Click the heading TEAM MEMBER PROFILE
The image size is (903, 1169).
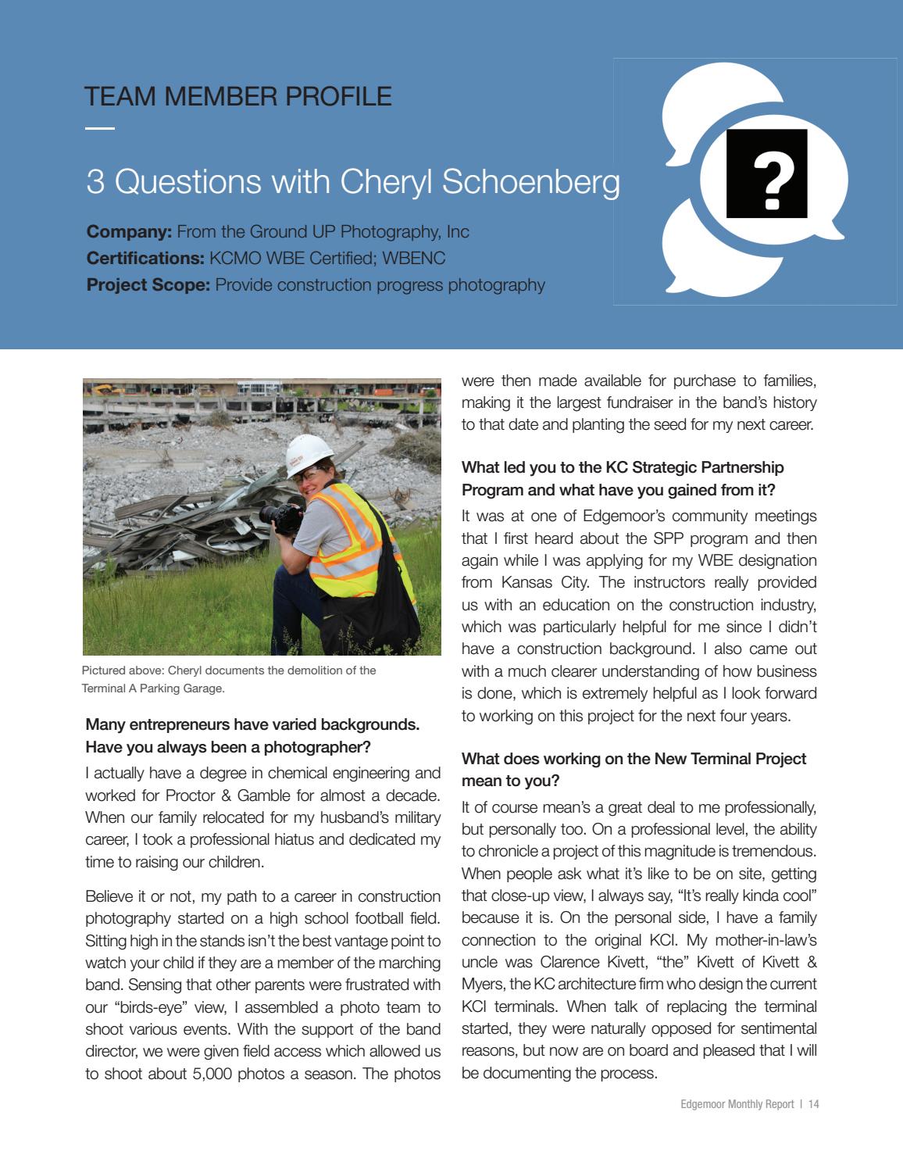click(x=238, y=96)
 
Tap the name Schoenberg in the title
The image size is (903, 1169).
click(x=530, y=181)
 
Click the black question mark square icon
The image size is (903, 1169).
click(x=766, y=173)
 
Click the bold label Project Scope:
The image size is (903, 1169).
click(x=148, y=284)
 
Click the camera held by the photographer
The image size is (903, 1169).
click(x=277, y=515)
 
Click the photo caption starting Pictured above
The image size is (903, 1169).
click(x=229, y=679)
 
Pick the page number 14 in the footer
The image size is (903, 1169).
click(x=813, y=1104)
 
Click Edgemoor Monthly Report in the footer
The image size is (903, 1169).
click(x=737, y=1104)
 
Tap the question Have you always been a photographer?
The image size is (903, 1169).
click(x=228, y=747)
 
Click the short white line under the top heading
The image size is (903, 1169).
click(x=99, y=128)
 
